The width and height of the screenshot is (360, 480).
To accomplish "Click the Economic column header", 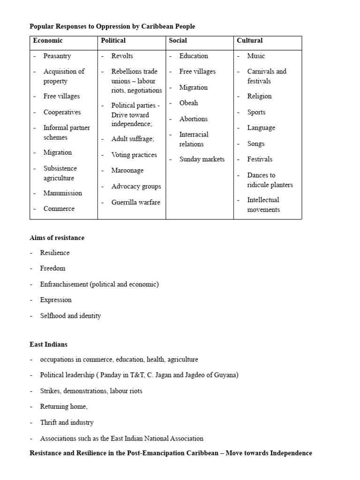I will point(48,41).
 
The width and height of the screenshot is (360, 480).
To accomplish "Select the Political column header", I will point(113,41).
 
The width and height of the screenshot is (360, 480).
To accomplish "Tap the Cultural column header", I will point(250,41).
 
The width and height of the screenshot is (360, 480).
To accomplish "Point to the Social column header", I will point(178,41).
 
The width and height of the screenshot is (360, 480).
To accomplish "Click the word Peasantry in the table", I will point(57,56).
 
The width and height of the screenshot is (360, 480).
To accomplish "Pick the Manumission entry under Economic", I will point(63,193).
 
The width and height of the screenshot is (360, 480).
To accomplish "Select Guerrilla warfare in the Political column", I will point(135,202).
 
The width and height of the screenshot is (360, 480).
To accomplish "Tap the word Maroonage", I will point(127,171).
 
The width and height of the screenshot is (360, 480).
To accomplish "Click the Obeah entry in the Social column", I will point(188,103).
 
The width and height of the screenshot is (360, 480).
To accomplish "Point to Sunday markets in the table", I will point(202,159).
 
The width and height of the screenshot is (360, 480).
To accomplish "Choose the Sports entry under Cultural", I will point(256,112).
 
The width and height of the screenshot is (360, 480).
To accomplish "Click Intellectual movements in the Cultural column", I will point(263,205).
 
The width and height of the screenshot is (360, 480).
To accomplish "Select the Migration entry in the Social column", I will point(193,88).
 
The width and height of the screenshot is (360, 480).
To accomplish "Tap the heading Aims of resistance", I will point(57,238).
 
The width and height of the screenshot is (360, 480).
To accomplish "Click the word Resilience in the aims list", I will point(55,253).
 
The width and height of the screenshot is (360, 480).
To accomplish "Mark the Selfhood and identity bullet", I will point(70,316).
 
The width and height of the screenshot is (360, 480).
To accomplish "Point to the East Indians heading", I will point(48,344).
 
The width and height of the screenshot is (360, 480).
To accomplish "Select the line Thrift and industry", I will point(67,422).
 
